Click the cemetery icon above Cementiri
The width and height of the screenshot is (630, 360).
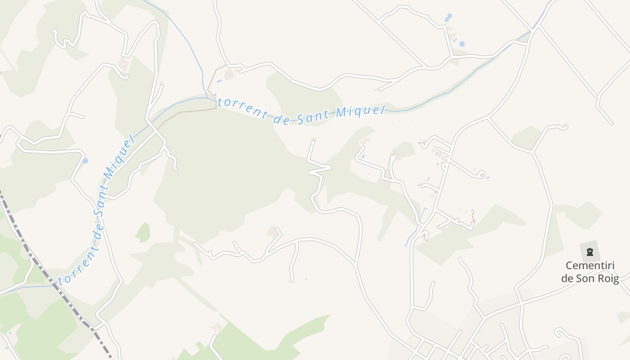click(590, 252)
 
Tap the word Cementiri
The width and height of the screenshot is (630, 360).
click(590, 265)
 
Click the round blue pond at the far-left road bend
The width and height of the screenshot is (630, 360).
click(85, 161)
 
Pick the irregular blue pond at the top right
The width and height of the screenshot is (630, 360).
click(448, 18)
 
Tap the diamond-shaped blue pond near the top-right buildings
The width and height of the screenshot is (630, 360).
click(462, 44)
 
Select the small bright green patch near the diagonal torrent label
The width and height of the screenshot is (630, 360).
click(143, 232)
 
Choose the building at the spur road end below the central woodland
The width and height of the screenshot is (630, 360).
click(272, 231)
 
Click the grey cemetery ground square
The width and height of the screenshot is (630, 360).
click(589, 250)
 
